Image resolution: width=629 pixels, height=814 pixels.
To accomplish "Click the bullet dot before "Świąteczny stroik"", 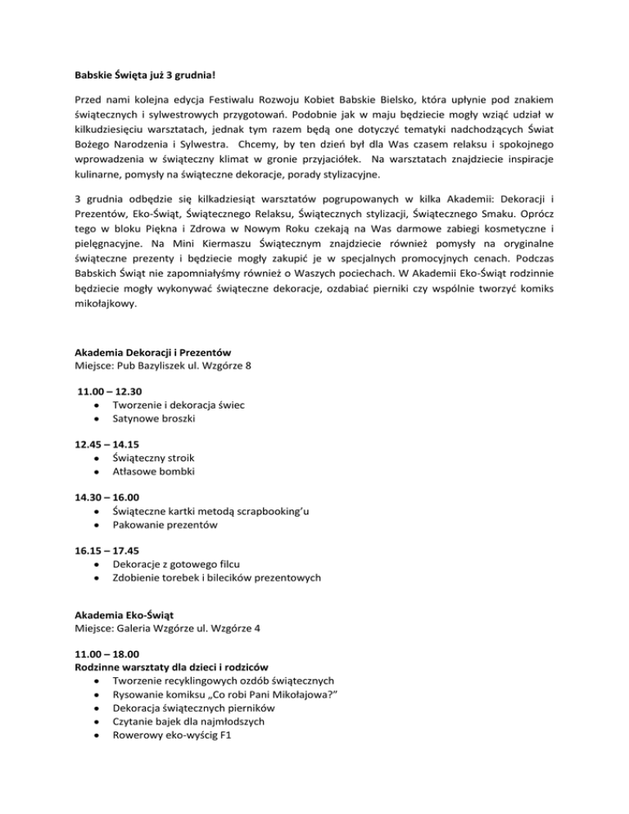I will [97, 457].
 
